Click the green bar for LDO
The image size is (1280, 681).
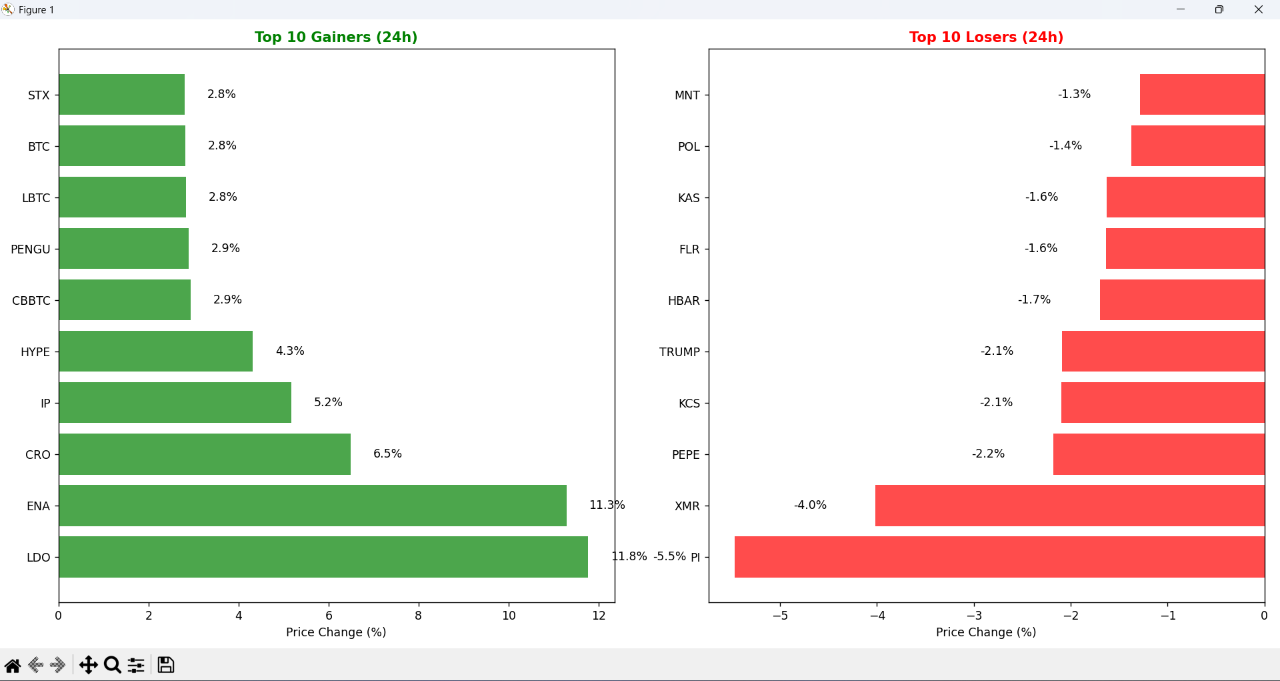[323, 557]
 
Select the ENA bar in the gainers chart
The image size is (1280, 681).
[313, 506]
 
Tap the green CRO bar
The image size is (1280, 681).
[205, 454]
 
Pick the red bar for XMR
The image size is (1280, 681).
[1070, 506]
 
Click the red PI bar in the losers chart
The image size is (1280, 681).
[999, 557]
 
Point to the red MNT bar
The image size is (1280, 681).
[1202, 94]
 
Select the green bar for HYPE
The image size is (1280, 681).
[155, 352]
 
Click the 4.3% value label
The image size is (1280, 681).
[290, 351]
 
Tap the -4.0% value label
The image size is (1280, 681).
[810, 505]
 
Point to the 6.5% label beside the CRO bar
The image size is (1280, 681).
[387, 454]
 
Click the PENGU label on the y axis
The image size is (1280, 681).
[31, 249]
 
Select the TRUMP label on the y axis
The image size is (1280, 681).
[679, 352]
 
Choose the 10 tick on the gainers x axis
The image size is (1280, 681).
[509, 616]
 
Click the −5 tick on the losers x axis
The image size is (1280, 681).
[780, 616]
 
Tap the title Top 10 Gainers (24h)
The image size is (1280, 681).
[336, 37]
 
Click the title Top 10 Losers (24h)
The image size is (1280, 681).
[986, 37]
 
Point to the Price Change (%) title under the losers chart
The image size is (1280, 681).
[986, 632]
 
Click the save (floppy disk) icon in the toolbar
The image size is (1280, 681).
[166, 665]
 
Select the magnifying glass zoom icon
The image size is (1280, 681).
[113, 665]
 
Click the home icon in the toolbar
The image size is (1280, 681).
[13, 665]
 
